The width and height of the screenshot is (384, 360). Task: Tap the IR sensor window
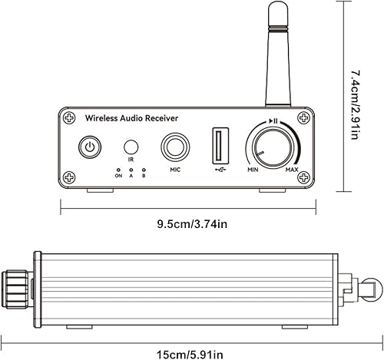[131, 146]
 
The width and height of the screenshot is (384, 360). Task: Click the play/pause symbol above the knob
[273, 121]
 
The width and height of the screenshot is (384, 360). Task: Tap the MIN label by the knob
[251, 169]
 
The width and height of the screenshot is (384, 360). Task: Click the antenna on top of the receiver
[276, 54]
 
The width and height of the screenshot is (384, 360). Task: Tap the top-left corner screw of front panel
[71, 118]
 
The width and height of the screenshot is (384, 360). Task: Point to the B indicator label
[143, 176]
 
